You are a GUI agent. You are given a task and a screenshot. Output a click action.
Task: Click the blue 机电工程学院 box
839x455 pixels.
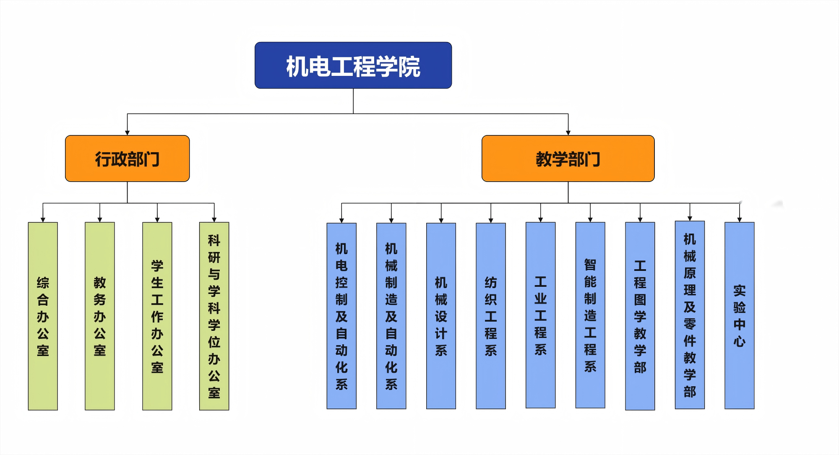[353, 65]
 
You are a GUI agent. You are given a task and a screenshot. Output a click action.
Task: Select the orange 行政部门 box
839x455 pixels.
[127, 159]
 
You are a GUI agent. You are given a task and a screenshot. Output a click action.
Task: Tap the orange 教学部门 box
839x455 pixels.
[568, 159]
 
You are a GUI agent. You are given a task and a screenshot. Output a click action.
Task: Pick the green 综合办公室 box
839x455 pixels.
[43, 316]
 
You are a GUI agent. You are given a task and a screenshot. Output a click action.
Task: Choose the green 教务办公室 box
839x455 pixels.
[100, 316]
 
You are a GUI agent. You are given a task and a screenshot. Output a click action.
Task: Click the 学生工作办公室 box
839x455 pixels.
[157, 316]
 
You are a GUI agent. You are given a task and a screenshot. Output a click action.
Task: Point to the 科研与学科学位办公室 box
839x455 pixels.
[214, 316]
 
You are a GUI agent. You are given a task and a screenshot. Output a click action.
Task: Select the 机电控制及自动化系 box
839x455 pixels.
[341, 316]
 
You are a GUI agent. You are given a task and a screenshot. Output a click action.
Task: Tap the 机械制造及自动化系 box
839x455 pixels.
[391, 316]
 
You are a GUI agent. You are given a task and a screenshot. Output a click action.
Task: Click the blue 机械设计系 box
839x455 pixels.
[441, 316]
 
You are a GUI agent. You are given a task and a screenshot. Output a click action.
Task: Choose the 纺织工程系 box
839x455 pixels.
[491, 316]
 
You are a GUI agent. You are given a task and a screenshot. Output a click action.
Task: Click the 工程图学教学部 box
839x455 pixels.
[640, 316]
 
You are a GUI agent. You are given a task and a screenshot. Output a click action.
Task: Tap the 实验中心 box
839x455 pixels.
[739, 316]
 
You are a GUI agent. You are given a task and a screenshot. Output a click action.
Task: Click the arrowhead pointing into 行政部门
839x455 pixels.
[127, 133]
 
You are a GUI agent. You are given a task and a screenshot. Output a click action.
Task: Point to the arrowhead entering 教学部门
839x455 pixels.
[568, 133]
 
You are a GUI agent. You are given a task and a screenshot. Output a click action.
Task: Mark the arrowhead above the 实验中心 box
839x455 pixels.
[739, 220]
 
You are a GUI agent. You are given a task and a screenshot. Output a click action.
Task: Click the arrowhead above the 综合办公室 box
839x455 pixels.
[43, 220]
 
